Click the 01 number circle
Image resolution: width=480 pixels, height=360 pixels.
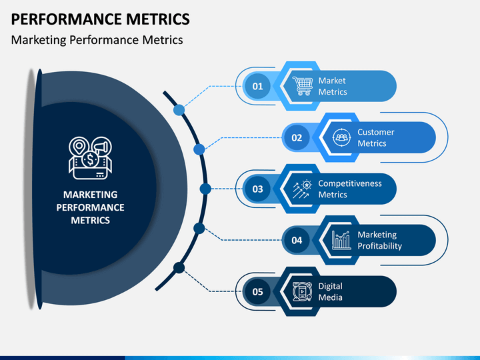(257, 86)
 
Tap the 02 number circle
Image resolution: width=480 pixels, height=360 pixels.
(297, 137)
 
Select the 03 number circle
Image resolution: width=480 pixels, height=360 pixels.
(257, 189)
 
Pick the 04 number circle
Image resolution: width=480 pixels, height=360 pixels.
(297, 240)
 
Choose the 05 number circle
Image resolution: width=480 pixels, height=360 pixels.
(257, 291)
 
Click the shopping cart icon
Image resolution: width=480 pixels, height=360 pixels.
(303, 86)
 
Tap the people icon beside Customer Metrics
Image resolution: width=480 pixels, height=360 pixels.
(341, 137)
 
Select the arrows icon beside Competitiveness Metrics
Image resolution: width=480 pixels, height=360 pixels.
(303, 189)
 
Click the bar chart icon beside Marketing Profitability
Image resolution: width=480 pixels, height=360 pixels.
(341, 240)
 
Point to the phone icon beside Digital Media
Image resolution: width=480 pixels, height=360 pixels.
(302, 291)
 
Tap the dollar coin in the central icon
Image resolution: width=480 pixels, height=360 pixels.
(90, 159)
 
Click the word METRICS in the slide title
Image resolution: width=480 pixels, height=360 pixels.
(158, 19)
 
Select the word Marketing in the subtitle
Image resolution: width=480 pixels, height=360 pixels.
(39, 40)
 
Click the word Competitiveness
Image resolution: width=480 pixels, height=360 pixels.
(350, 183)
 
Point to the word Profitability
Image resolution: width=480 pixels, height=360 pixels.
(379, 246)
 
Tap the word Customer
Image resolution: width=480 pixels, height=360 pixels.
(376, 132)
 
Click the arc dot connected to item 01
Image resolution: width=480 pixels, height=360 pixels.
(179, 110)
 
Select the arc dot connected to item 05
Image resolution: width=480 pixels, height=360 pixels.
(179, 268)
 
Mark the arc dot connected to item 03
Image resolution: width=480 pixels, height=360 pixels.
(205, 189)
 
